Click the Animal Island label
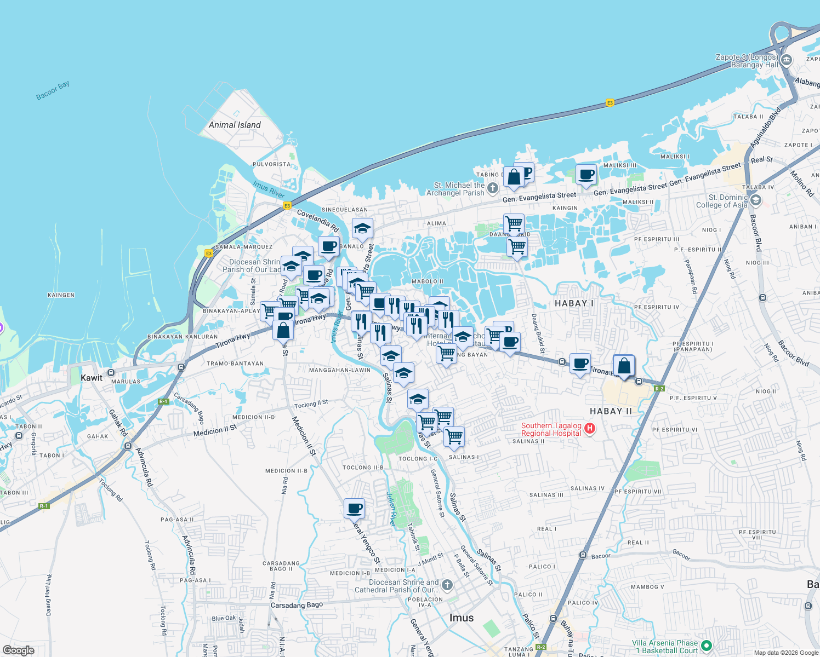point(235,125)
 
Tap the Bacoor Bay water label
point(53,91)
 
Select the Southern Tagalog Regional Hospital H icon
point(590,429)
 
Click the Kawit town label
point(91,378)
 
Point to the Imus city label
point(461,618)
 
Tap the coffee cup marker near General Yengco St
point(355,509)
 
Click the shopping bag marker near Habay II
point(624,365)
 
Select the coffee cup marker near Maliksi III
point(586,174)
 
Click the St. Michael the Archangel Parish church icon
point(493,189)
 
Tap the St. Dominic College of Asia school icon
point(756,200)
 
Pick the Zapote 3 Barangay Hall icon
point(787,60)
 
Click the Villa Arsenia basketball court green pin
point(707,646)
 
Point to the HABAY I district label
point(574,303)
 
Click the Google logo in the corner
point(19,650)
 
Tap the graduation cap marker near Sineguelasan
point(362,228)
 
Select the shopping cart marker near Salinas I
point(454,437)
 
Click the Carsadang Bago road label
point(297,605)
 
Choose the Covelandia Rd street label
point(317,220)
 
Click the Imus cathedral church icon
point(447,585)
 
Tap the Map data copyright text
point(785,653)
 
